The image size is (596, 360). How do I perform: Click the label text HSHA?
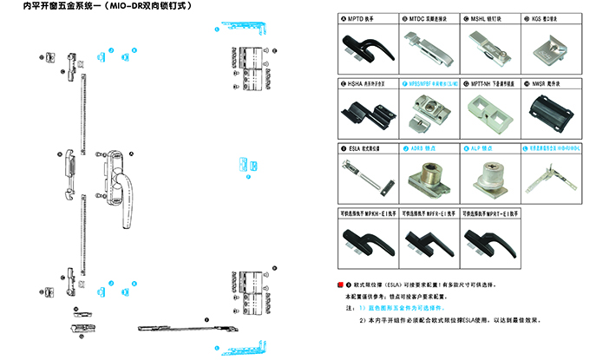(x=353, y=83)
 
